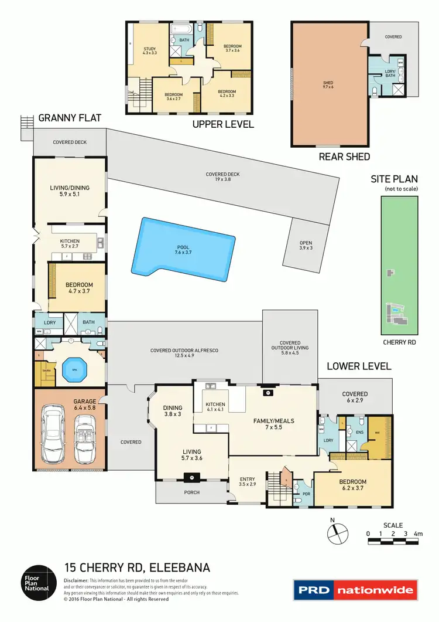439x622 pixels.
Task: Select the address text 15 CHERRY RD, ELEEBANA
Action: (136, 567)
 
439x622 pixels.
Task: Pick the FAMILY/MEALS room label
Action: (273, 424)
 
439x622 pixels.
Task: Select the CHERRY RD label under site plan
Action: (399, 341)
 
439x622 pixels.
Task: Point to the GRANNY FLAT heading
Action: (70, 118)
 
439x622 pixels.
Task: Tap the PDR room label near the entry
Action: (306, 494)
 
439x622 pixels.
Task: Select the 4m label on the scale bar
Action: (417, 533)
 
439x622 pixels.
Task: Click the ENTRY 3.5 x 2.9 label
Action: (248, 482)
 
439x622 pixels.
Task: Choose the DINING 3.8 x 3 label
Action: (173, 411)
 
